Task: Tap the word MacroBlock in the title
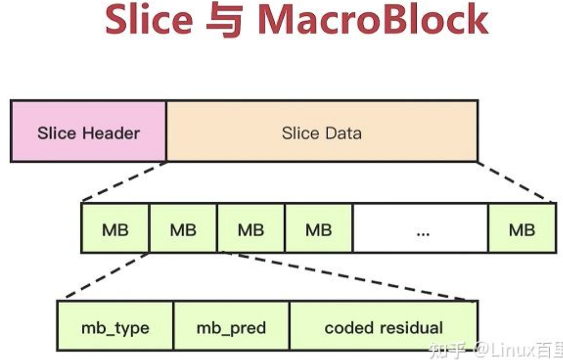373,20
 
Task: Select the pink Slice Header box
88,131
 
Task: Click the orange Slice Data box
322,131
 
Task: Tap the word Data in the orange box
342,133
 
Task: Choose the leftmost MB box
115,229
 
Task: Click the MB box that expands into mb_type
183,229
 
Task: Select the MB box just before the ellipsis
318,229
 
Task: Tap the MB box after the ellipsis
522,229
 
